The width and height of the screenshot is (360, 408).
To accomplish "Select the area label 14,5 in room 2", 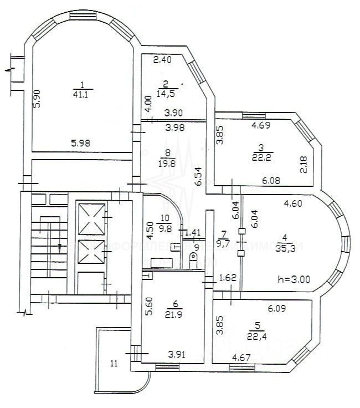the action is [x=166, y=94].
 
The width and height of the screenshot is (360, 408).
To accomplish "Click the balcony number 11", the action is [x=114, y=364].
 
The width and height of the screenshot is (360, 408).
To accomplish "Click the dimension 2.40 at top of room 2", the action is [x=162, y=59].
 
